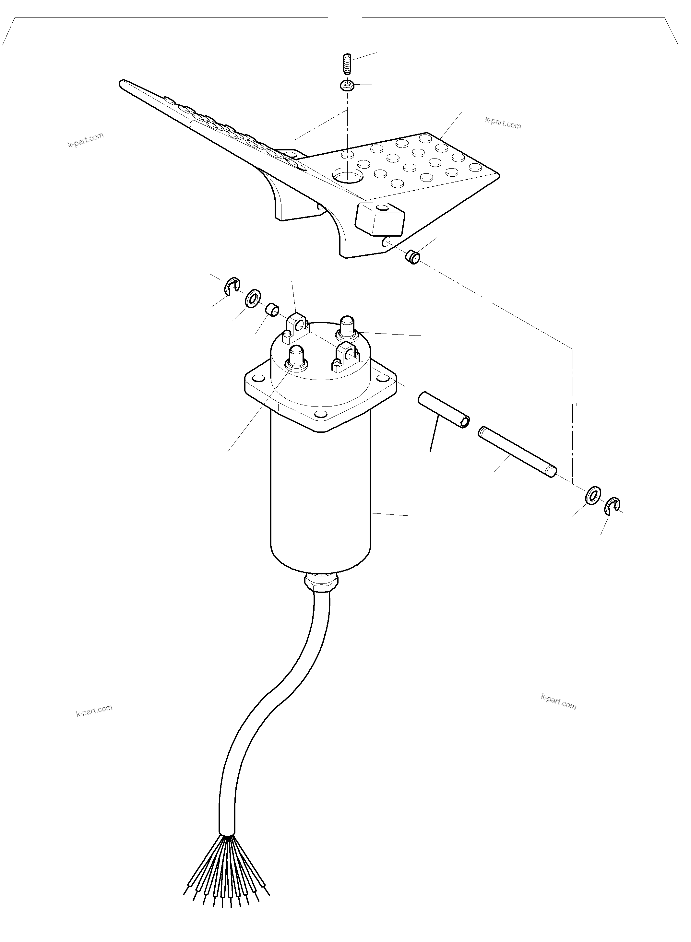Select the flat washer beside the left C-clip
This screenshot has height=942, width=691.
coord(252,299)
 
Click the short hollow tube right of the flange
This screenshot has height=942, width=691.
coord(444,409)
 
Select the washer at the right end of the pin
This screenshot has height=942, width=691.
coord(593,495)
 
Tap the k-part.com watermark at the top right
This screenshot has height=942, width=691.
coord(503,123)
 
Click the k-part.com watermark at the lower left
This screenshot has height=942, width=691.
coord(94,710)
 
